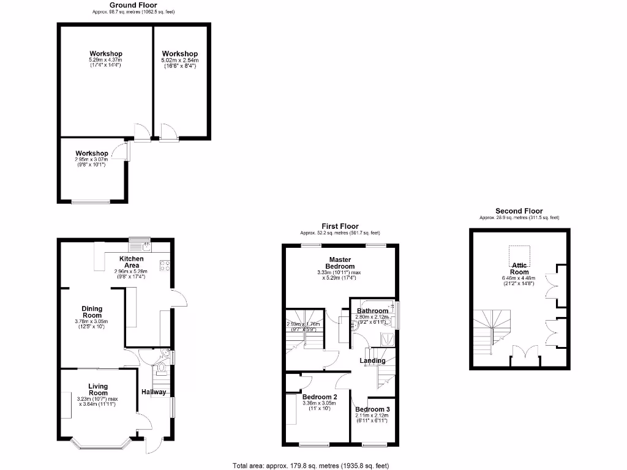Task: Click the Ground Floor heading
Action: [133, 5]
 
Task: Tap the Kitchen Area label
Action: [132, 262]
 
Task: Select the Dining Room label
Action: [93, 312]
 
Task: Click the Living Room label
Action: [98, 390]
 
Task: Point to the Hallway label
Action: [154, 392]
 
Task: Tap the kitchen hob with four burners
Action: [164, 266]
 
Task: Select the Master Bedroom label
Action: [341, 263]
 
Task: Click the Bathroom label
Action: [372, 311]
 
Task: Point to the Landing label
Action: [372, 360]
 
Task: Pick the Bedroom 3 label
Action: [372, 409]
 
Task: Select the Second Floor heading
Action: [519, 211]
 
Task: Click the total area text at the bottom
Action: [310, 466]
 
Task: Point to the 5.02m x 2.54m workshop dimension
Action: [179, 63]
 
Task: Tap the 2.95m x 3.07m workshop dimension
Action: [91, 161]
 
